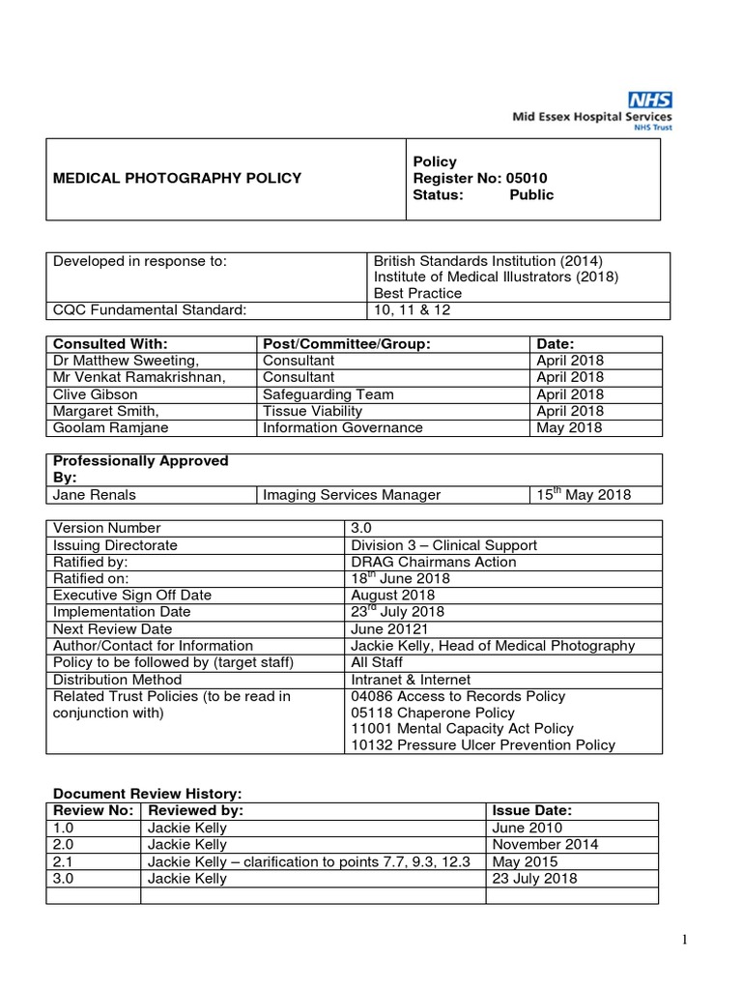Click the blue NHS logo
(x=650, y=100)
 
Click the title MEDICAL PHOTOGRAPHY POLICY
(x=177, y=178)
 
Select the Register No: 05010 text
(x=480, y=178)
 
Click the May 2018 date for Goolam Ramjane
(x=570, y=427)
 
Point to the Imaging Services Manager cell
(x=352, y=495)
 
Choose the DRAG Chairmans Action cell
(x=434, y=562)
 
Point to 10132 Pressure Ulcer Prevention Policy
(x=483, y=745)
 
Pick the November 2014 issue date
(x=545, y=844)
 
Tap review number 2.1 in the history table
(x=63, y=861)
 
